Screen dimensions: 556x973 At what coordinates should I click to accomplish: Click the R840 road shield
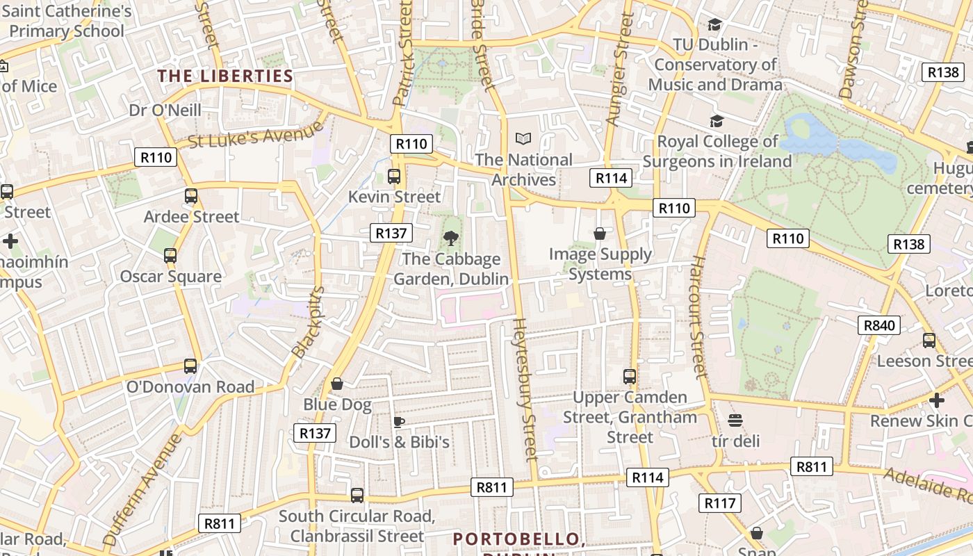879,325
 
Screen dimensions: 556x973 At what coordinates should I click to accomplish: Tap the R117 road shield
719,503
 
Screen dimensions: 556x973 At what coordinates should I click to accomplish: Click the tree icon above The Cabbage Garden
451,239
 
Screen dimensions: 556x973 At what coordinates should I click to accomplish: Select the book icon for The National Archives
523,139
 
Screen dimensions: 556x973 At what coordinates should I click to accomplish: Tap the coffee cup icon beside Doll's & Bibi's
399,422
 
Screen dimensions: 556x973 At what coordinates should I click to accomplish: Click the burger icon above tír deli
735,420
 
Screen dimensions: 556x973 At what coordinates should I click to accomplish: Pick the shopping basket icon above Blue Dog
337,384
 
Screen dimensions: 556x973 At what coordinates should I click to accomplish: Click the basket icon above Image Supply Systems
600,234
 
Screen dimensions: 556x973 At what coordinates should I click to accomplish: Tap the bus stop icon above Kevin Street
394,177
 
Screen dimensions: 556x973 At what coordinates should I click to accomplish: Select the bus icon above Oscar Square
170,256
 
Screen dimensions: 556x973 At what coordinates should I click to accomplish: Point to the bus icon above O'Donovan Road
190,366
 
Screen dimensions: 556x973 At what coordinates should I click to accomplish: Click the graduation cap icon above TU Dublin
714,25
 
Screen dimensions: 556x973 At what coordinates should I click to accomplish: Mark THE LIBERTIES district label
225,76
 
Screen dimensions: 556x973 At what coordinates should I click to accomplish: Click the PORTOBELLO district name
516,539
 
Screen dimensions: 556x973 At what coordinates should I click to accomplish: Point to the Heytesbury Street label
525,389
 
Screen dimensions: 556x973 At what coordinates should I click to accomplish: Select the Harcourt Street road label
698,317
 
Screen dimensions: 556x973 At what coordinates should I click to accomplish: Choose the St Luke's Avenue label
256,134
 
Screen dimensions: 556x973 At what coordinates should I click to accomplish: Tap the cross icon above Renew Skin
937,400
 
